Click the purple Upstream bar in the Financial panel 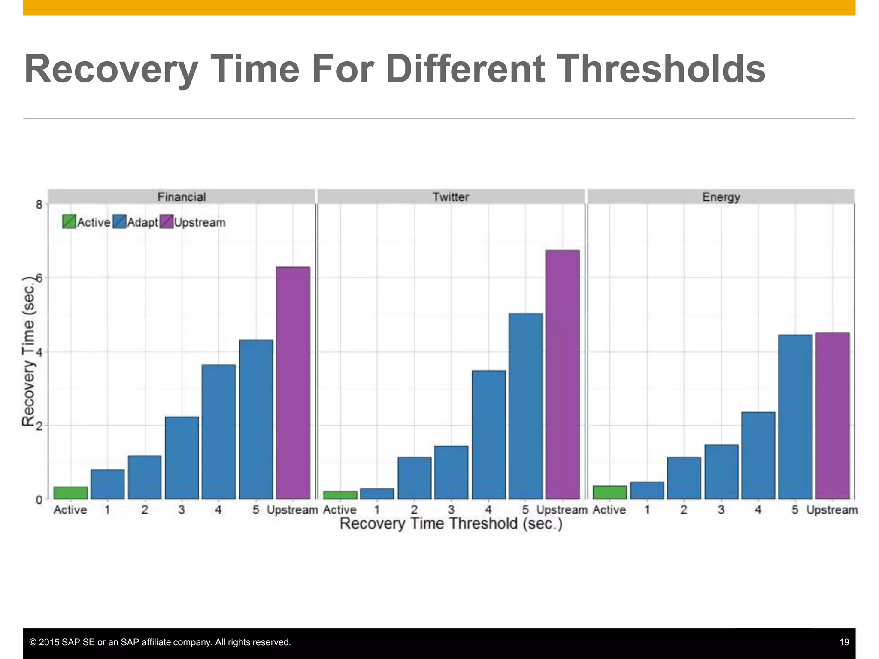point(293,383)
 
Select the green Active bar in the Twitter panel point(340,495)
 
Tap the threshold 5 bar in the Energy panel point(795,417)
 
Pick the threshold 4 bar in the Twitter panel point(488,435)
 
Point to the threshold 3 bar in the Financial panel point(182,458)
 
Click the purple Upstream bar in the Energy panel point(832,415)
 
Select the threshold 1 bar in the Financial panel point(107,484)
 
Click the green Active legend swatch point(69,221)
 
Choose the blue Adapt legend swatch point(119,221)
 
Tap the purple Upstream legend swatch point(167,221)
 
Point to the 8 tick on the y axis point(39,205)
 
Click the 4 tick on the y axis point(39,352)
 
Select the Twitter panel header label point(451,197)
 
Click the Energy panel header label point(721,197)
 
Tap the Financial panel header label point(182,197)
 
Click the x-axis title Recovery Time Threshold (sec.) point(451,524)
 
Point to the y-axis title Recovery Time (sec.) point(28,351)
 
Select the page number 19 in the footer point(844,642)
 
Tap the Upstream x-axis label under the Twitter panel point(561,510)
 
